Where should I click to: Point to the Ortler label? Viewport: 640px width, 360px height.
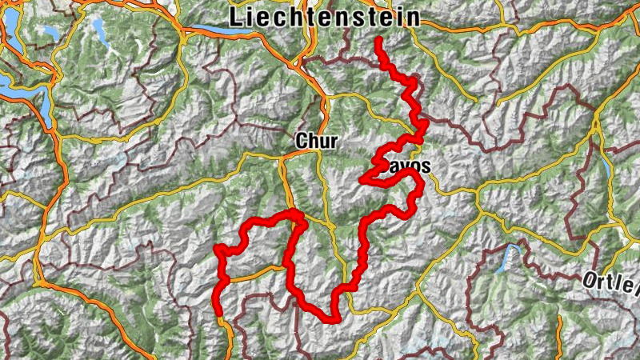[x=612, y=281]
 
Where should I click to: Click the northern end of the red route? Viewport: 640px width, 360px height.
[x=378, y=38]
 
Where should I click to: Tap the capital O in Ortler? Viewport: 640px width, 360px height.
[x=589, y=279]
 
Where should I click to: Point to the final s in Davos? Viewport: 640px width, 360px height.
[x=426, y=168]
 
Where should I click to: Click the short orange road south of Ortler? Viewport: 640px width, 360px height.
[x=616, y=320]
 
